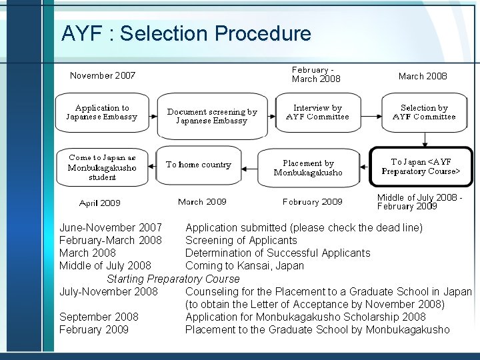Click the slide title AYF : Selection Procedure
point(185,33)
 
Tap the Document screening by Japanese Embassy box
point(211,117)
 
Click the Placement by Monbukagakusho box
point(307,167)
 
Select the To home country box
point(198,165)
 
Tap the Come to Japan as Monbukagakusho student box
point(101,167)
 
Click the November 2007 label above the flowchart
point(103,75)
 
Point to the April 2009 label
point(100,203)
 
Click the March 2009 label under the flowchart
point(202,201)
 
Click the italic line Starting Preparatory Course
point(173,279)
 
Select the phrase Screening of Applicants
point(241,241)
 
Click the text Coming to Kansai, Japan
point(244,266)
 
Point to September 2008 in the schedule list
point(99,317)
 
